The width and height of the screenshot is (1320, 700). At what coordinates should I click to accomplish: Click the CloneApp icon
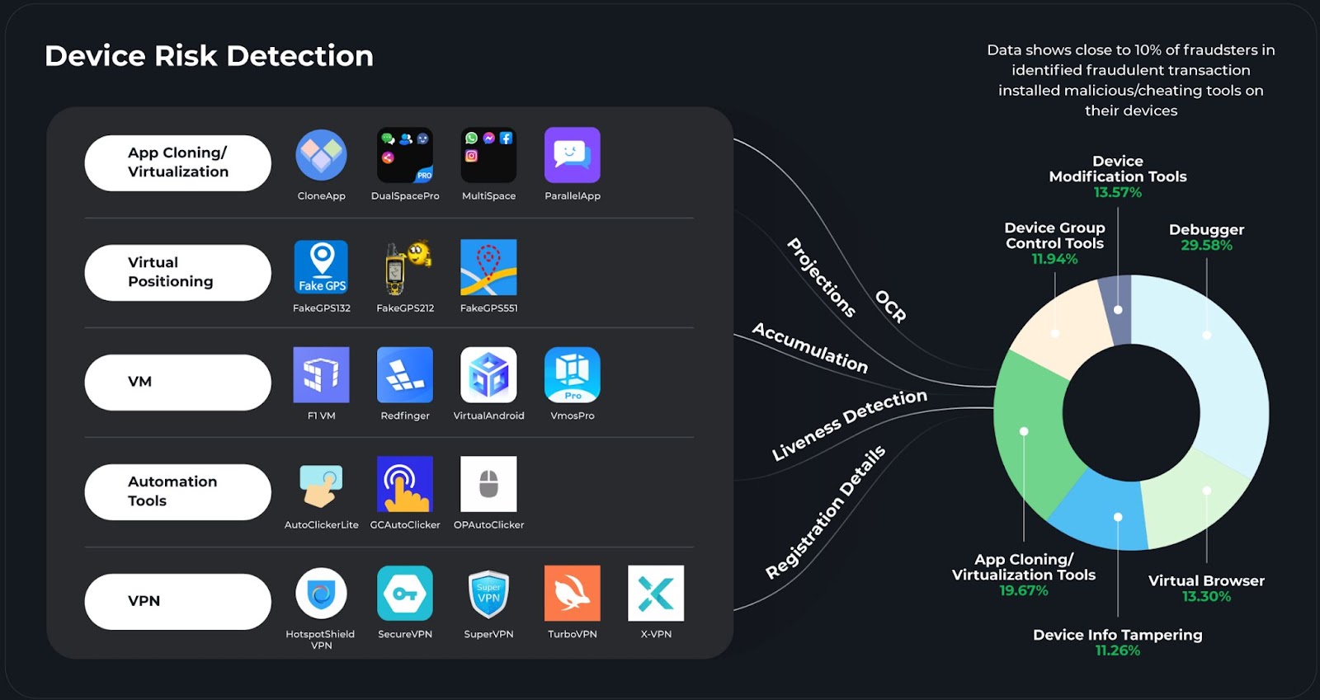coord(322,155)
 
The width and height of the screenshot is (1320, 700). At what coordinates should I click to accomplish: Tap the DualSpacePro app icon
coord(405,155)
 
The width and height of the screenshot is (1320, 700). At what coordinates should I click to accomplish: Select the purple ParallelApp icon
coord(573,155)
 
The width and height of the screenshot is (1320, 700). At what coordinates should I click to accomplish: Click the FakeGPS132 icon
coord(322,267)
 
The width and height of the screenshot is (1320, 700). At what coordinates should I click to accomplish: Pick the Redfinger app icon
coord(405,375)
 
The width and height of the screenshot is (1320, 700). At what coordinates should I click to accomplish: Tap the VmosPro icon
coord(573,375)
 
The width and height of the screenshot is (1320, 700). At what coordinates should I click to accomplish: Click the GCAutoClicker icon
coord(405,484)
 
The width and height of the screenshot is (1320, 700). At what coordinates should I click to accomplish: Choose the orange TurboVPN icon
coord(573,593)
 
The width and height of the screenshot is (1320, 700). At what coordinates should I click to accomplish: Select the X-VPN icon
coord(656,593)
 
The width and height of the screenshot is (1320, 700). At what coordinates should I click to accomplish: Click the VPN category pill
coord(177,601)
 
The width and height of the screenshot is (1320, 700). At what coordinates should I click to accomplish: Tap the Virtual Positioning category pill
coord(177,272)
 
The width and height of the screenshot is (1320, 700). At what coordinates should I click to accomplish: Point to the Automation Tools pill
coord(177,491)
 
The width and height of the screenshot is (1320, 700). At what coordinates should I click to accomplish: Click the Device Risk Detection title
coord(209,56)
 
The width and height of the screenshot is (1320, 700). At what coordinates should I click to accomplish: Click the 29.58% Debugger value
coord(1206,246)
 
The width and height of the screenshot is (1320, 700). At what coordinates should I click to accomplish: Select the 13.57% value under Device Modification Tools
coord(1118,193)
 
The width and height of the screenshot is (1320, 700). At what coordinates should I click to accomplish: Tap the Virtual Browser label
coord(1206,580)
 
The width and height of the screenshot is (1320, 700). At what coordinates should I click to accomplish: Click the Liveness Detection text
coord(849,425)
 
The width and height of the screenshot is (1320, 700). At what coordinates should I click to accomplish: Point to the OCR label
coord(891,306)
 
